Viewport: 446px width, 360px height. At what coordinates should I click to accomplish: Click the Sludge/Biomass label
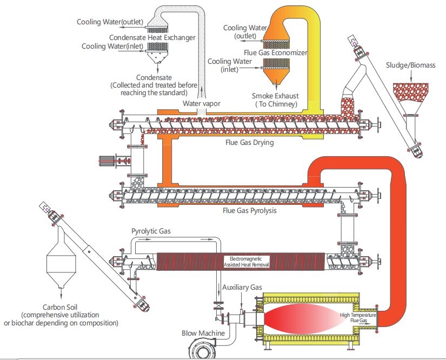[x=410, y=65]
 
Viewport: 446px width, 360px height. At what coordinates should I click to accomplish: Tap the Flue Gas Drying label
[x=249, y=143]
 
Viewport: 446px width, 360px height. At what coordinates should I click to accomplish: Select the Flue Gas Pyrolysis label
[x=250, y=210]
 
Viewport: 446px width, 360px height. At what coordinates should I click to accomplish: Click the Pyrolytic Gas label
[x=151, y=231]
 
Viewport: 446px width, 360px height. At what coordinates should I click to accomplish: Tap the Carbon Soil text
[x=60, y=306]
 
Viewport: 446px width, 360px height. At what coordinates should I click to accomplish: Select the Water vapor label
[x=202, y=103]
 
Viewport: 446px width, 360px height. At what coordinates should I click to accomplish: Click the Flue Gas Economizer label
[x=276, y=53]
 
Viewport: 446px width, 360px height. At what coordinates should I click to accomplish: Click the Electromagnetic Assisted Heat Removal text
[x=247, y=262]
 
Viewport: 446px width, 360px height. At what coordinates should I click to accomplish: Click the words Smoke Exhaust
[x=275, y=96]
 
